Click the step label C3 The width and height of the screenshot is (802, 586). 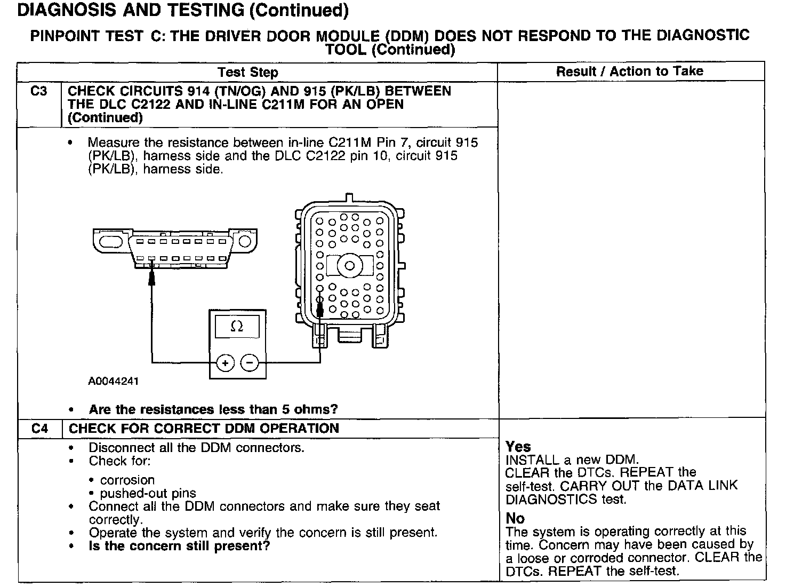point(39,91)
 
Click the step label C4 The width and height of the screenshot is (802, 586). point(39,429)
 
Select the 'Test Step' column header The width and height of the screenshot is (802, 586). point(247,72)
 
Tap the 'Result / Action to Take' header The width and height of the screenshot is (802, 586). point(629,72)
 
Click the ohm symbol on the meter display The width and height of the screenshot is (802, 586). point(237,327)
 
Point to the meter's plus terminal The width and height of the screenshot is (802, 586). point(225,363)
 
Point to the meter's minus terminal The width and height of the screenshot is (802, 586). point(250,363)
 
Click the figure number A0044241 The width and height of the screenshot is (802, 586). point(114,382)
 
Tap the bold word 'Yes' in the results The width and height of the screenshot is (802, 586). point(518,447)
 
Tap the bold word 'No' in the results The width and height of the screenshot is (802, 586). point(515,518)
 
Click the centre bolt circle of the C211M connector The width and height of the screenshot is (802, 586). point(350,265)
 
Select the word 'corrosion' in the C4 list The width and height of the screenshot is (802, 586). point(127,480)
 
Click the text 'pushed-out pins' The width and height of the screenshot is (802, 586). point(148,493)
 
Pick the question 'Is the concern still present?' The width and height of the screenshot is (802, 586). point(179,546)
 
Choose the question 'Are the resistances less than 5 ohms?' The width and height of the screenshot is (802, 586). point(213,409)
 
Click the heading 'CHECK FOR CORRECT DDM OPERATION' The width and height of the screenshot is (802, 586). point(204,429)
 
